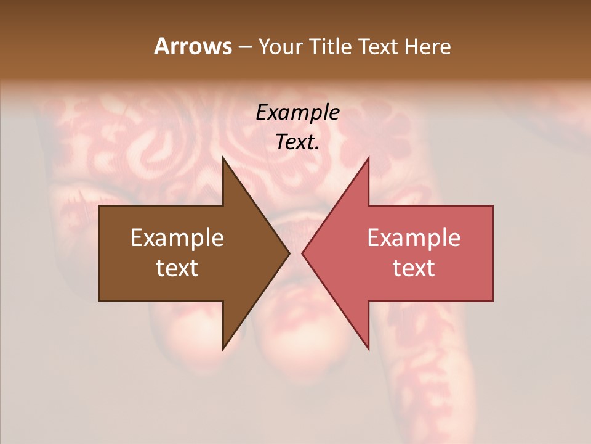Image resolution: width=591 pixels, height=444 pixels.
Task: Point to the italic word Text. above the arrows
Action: click(x=297, y=142)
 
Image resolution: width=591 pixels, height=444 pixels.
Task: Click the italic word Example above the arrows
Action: click(x=297, y=113)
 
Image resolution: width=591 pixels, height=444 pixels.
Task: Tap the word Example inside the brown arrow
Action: click(x=177, y=238)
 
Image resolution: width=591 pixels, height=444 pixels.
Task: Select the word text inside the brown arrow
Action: click(x=177, y=268)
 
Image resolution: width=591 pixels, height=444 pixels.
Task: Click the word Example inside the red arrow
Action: click(x=414, y=238)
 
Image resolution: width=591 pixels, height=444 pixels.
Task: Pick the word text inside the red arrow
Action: click(x=414, y=268)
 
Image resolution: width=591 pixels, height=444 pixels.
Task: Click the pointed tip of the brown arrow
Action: click(x=289, y=253)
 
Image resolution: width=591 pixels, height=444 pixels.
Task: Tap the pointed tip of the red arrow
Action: click(x=302, y=253)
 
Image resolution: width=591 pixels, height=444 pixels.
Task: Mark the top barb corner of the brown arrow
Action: click(x=223, y=157)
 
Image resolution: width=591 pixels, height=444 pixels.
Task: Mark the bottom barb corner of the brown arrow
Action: click(x=223, y=349)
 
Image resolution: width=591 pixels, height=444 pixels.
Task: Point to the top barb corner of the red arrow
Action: click(x=368, y=157)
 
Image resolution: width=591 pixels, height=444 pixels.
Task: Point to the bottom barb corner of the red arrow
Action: click(x=368, y=349)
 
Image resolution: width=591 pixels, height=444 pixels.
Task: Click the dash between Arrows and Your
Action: click(x=244, y=47)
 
